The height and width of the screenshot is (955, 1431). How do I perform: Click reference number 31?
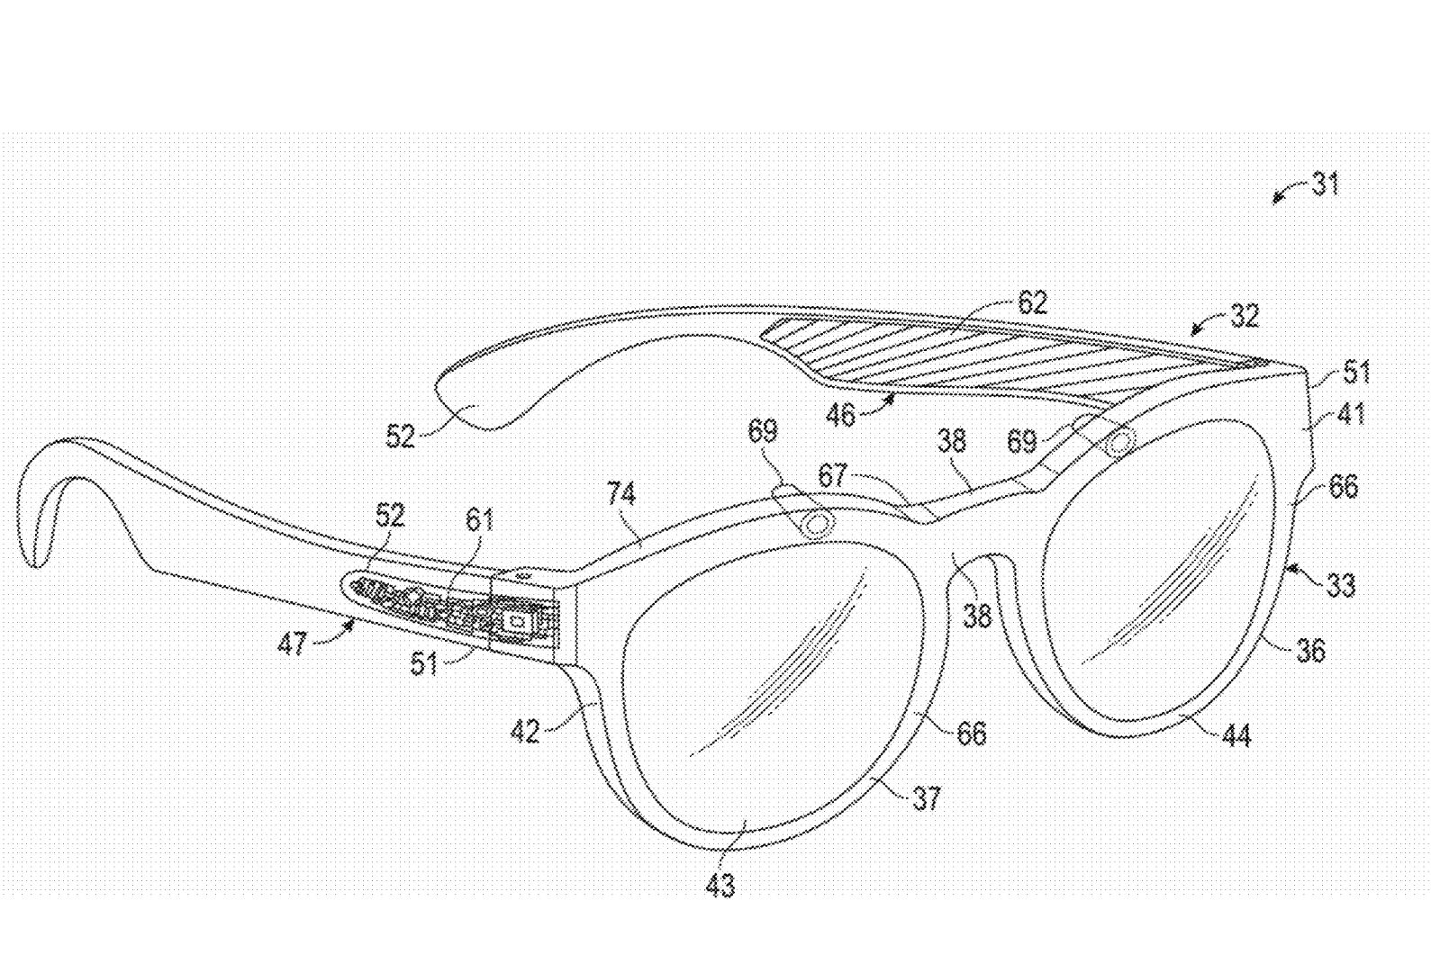(x=1325, y=185)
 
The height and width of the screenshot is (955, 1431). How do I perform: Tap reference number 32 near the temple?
(x=1244, y=317)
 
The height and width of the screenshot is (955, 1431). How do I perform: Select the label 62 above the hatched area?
(x=1033, y=302)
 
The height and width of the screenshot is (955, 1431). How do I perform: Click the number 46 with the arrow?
(x=840, y=415)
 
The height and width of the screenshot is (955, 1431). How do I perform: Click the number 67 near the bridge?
(x=832, y=474)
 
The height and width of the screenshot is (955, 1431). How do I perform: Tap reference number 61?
(x=480, y=519)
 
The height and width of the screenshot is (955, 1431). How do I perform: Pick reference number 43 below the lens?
(x=720, y=887)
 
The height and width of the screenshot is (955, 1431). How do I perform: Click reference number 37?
(x=927, y=797)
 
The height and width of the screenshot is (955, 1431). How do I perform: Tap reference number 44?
(x=1236, y=736)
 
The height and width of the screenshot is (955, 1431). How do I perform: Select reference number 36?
(x=1310, y=650)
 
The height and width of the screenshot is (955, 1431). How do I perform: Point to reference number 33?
(x=1341, y=586)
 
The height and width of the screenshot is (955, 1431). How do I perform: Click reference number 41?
(x=1352, y=414)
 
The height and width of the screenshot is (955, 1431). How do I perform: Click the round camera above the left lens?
(x=816, y=524)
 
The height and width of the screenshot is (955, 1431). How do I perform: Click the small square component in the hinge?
(x=517, y=621)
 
